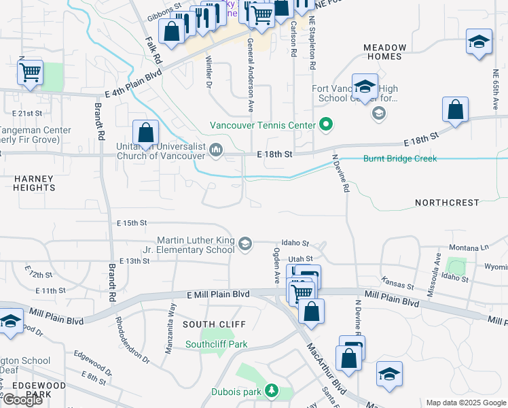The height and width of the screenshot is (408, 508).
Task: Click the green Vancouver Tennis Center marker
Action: click(326, 125)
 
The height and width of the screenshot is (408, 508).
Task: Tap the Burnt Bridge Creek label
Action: click(400, 158)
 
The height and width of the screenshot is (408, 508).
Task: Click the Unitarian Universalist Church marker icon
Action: click(217, 149)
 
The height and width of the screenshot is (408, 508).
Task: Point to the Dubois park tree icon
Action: click(272, 391)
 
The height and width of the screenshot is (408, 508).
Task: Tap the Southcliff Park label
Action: click(216, 344)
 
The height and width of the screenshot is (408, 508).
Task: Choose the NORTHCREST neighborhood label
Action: click(447, 203)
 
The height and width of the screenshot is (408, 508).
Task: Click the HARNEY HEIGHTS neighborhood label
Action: click(34, 182)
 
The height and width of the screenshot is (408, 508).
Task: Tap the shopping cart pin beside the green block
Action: click(30, 72)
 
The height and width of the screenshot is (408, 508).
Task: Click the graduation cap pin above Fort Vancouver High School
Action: click(365, 87)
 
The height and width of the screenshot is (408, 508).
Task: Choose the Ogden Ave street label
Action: click(276, 265)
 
